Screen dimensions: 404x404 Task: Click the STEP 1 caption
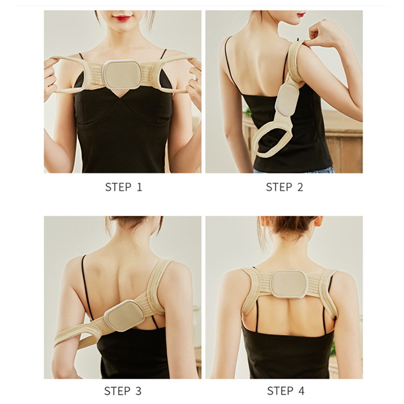point(124,187)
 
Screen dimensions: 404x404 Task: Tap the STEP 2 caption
point(284,187)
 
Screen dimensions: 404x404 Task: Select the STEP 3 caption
point(123,391)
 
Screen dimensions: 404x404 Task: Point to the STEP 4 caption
point(286,391)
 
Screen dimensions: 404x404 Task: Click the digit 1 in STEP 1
point(139,187)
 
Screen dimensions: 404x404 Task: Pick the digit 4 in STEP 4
point(301,391)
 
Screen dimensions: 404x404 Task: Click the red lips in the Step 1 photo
point(122,18)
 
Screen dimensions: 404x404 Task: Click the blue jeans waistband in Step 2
point(294,170)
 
